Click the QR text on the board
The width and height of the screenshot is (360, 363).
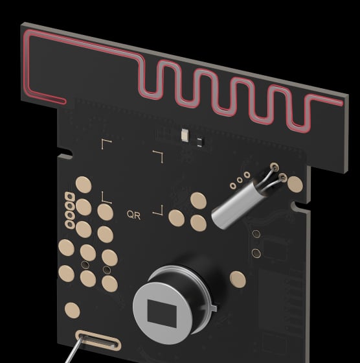133,215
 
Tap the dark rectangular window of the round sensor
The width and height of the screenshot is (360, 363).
162,314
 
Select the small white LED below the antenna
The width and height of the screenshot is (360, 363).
185,135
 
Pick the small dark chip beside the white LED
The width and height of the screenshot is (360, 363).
200,142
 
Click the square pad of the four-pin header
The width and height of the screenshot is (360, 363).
69,196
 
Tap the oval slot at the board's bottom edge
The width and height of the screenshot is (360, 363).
98,340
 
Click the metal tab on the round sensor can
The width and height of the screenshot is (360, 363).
214,307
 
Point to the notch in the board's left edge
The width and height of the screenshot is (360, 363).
67,153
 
